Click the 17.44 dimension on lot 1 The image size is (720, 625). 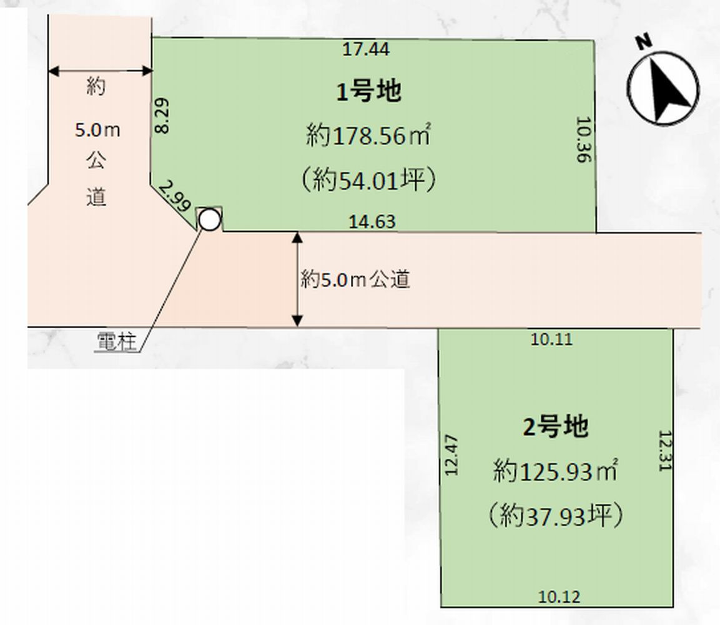pyautogui.click(x=366, y=49)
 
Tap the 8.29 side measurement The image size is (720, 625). pyautogui.click(x=162, y=116)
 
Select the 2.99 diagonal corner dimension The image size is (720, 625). pyautogui.click(x=174, y=195)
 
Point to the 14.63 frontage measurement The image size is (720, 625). pyautogui.click(x=372, y=221)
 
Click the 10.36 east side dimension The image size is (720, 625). pyautogui.click(x=583, y=139)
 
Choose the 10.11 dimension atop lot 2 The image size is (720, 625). pyautogui.click(x=551, y=339)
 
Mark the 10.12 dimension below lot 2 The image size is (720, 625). pyautogui.click(x=559, y=596)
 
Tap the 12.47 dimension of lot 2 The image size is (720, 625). pyautogui.click(x=451, y=455)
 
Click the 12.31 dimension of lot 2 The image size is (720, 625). pyautogui.click(x=665, y=451)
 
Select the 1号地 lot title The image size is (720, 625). pyautogui.click(x=369, y=91)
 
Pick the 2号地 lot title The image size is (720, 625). pyautogui.click(x=556, y=427)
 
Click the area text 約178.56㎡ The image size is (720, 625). pyautogui.click(x=368, y=136)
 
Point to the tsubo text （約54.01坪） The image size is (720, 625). pyautogui.click(x=368, y=180)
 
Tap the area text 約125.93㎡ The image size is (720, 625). pyautogui.click(x=556, y=471)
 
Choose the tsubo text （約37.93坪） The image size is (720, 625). pyautogui.click(x=556, y=515)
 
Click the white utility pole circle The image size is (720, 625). pyautogui.click(x=210, y=219)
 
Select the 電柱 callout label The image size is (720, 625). pyautogui.click(x=116, y=342)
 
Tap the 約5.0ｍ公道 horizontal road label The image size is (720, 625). pyautogui.click(x=355, y=279)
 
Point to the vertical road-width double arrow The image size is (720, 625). pyautogui.click(x=297, y=279)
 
